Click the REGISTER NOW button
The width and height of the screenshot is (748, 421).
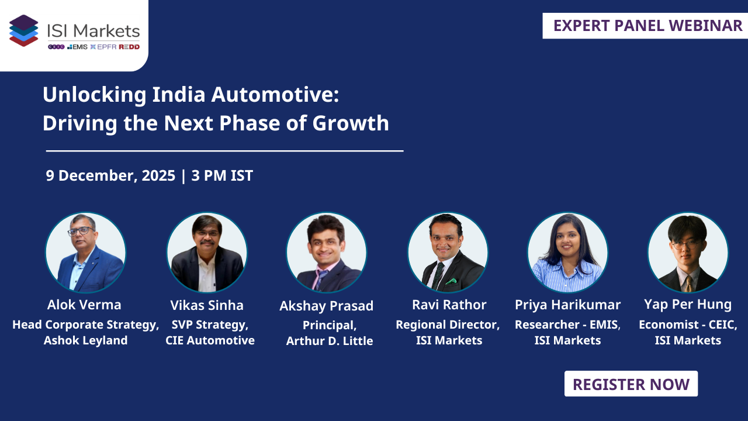pos(631,384)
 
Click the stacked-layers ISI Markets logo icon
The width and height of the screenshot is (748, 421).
pos(24,30)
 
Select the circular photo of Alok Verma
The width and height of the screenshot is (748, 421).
pos(86,253)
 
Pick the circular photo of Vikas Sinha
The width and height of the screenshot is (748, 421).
pos(207,253)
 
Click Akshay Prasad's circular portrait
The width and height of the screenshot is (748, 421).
pos(327,253)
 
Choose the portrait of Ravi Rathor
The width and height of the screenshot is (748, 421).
pos(448,253)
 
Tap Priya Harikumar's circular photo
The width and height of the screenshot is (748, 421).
pos(567,253)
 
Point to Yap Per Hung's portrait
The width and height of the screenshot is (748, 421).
pos(688,253)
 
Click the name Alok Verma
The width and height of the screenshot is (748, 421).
pos(85,305)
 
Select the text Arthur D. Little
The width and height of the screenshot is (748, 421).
pos(330,341)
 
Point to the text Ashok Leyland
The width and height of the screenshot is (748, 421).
pos(85,340)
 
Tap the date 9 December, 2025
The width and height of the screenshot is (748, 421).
pos(110,175)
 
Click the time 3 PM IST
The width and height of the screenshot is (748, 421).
pos(222,175)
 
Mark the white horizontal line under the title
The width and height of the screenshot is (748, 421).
pos(225,151)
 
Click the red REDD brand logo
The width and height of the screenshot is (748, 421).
pos(129,47)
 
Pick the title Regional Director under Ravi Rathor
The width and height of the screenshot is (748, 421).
pos(448,325)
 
